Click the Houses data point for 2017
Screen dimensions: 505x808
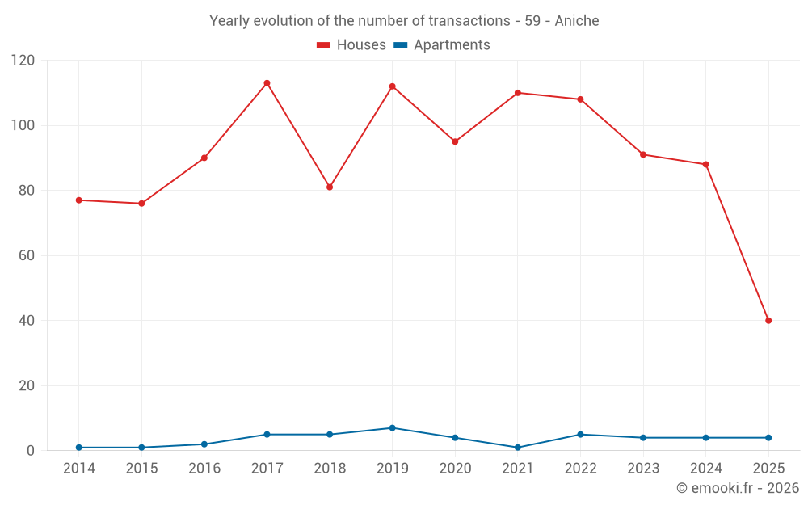click(267, 83)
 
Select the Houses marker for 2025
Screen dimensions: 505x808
click(768, 321)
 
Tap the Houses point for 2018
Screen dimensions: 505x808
click(330, 187)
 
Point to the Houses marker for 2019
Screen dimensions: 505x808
click(392, 86)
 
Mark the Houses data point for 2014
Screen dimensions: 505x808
click(78, 200)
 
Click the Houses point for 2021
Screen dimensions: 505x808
click(518, 93)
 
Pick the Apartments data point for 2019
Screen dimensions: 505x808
click(392, 428)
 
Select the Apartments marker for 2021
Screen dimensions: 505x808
click(518, 448)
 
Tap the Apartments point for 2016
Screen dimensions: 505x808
click(204, 444)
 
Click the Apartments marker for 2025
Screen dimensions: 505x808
click(768, 438)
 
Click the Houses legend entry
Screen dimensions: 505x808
click(351, 45)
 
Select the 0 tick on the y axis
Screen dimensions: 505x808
click(31, 451)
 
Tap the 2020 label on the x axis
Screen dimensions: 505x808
click(455, 469)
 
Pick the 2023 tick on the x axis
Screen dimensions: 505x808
click(643, 469)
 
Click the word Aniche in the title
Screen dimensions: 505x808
click(577, 21)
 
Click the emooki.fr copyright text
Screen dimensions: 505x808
click(738, 488)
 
